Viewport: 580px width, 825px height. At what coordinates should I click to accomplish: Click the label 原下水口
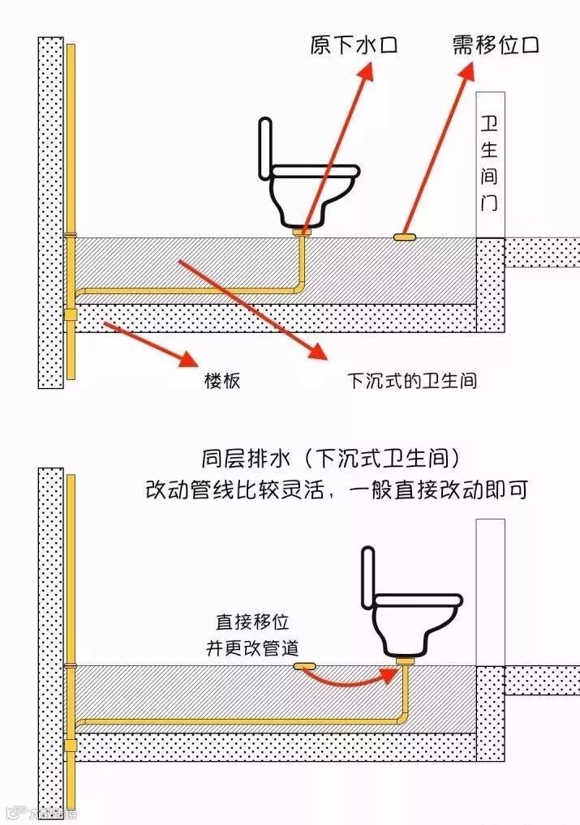tap(354, 45)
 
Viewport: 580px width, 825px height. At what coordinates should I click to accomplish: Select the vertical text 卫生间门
tap(489, 163)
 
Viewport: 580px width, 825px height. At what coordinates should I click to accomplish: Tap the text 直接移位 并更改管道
tap(251, 635)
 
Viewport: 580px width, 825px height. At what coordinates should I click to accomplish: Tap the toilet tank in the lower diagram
tap(368, 577)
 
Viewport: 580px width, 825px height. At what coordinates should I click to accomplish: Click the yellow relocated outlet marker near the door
tap(405, 237)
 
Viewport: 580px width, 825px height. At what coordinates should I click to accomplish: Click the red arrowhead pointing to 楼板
tap(188, 357)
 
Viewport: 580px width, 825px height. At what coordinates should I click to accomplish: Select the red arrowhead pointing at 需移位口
tap(467, 75)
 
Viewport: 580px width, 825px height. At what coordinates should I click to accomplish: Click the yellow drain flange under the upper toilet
tap(303, 233)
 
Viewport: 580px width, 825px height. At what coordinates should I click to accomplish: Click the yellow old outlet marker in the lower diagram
tap(304, 666)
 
